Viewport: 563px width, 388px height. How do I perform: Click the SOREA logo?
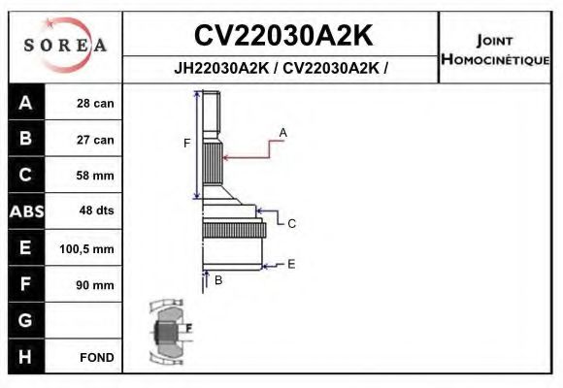click(65, 45)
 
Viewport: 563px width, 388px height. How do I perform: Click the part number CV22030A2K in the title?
click(282, 35)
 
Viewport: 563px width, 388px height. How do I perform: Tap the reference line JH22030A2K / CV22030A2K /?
click(282, 69)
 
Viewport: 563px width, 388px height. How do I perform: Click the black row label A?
click(25, 104)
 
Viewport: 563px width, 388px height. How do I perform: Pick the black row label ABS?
click(25, 211)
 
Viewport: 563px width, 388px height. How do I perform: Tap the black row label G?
click(25, 320)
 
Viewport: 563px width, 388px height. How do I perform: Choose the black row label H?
click(25, 356)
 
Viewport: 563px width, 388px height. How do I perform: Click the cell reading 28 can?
click(96, 104)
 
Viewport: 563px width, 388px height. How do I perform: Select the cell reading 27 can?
click(96, 140)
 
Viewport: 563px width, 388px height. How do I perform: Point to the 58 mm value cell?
click(96, 176)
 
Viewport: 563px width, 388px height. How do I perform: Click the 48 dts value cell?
click(96, 211)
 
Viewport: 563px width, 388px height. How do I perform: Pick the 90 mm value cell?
click(96, 285)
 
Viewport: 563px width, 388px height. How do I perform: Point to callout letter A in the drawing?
click(282, 131)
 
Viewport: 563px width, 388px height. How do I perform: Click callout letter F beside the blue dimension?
click(186, 144)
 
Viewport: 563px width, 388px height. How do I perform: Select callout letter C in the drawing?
click(291, 223)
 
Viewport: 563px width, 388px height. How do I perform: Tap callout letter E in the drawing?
click(291, 263)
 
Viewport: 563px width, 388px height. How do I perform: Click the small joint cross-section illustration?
click(168, 332)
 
